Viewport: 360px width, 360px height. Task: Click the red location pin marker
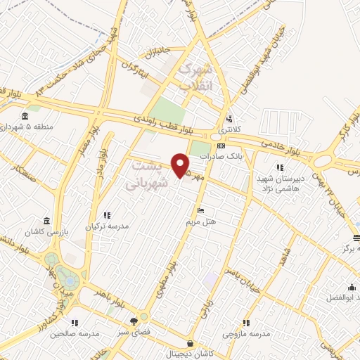pos(181,165)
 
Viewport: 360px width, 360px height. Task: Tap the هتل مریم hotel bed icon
pos(201,211)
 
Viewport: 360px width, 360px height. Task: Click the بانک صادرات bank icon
pos(221,146)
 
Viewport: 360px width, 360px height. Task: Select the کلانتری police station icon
pos(229,119)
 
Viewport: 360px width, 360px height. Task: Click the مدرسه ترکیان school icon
pos(106,215)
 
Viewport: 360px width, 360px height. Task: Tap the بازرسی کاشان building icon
pos(46,221)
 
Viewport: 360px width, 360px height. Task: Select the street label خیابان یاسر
pos(237,266)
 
